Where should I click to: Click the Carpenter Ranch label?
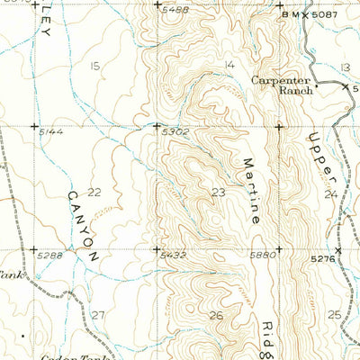point(281,83)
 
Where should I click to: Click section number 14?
point(229,64)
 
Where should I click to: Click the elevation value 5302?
point(174,131)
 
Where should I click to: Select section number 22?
point(94,192)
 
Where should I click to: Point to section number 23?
point(218,192)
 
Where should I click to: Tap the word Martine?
point(253,190)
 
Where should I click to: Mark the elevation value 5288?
point(51,256)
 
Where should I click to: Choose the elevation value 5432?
point(174,256)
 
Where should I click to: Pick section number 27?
point(98,314)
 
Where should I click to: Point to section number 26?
point(216,315)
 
